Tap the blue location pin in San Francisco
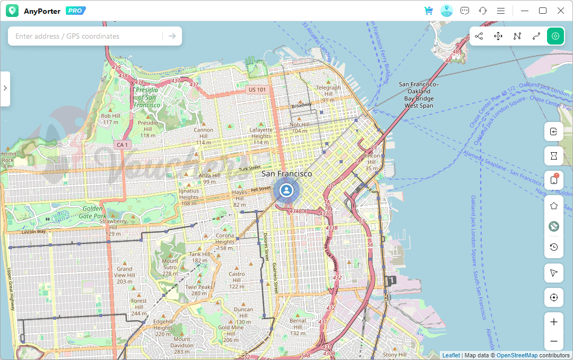[x=286, y=190]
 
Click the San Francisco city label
[x=286, y=173]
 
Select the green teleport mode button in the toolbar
[x=555, y=36]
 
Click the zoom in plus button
[x=554, y=322]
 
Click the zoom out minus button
[x=554, y=341]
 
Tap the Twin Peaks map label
[x=199, y=290]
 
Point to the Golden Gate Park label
[x=93, y=212]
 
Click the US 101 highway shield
[x=257, y=90]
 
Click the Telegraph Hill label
[x=328, y=91]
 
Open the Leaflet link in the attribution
[x=451, y=355]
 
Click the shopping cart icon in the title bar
[x=429, y=11]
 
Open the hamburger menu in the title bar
[x=500, y=11]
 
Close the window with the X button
[x=560, y=11]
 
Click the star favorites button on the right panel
[x=554, y=206]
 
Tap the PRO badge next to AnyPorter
[x=75, y=11]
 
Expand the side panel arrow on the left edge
[x=5, y=88]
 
